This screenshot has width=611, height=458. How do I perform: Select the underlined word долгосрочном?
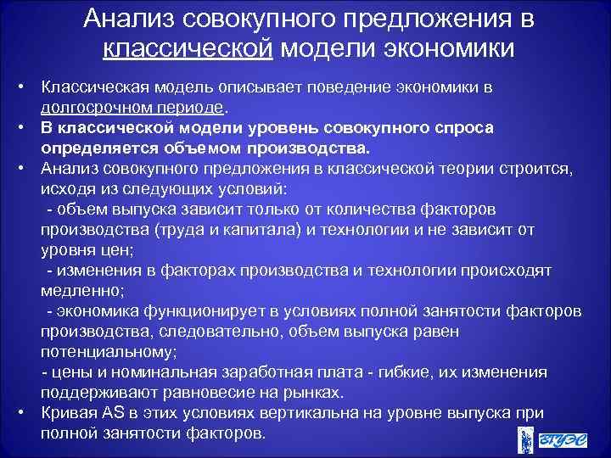(x=87, y=108)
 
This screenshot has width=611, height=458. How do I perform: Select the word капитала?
(x=253, y=229)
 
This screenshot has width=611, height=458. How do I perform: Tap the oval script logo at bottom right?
(x=563, y=439)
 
